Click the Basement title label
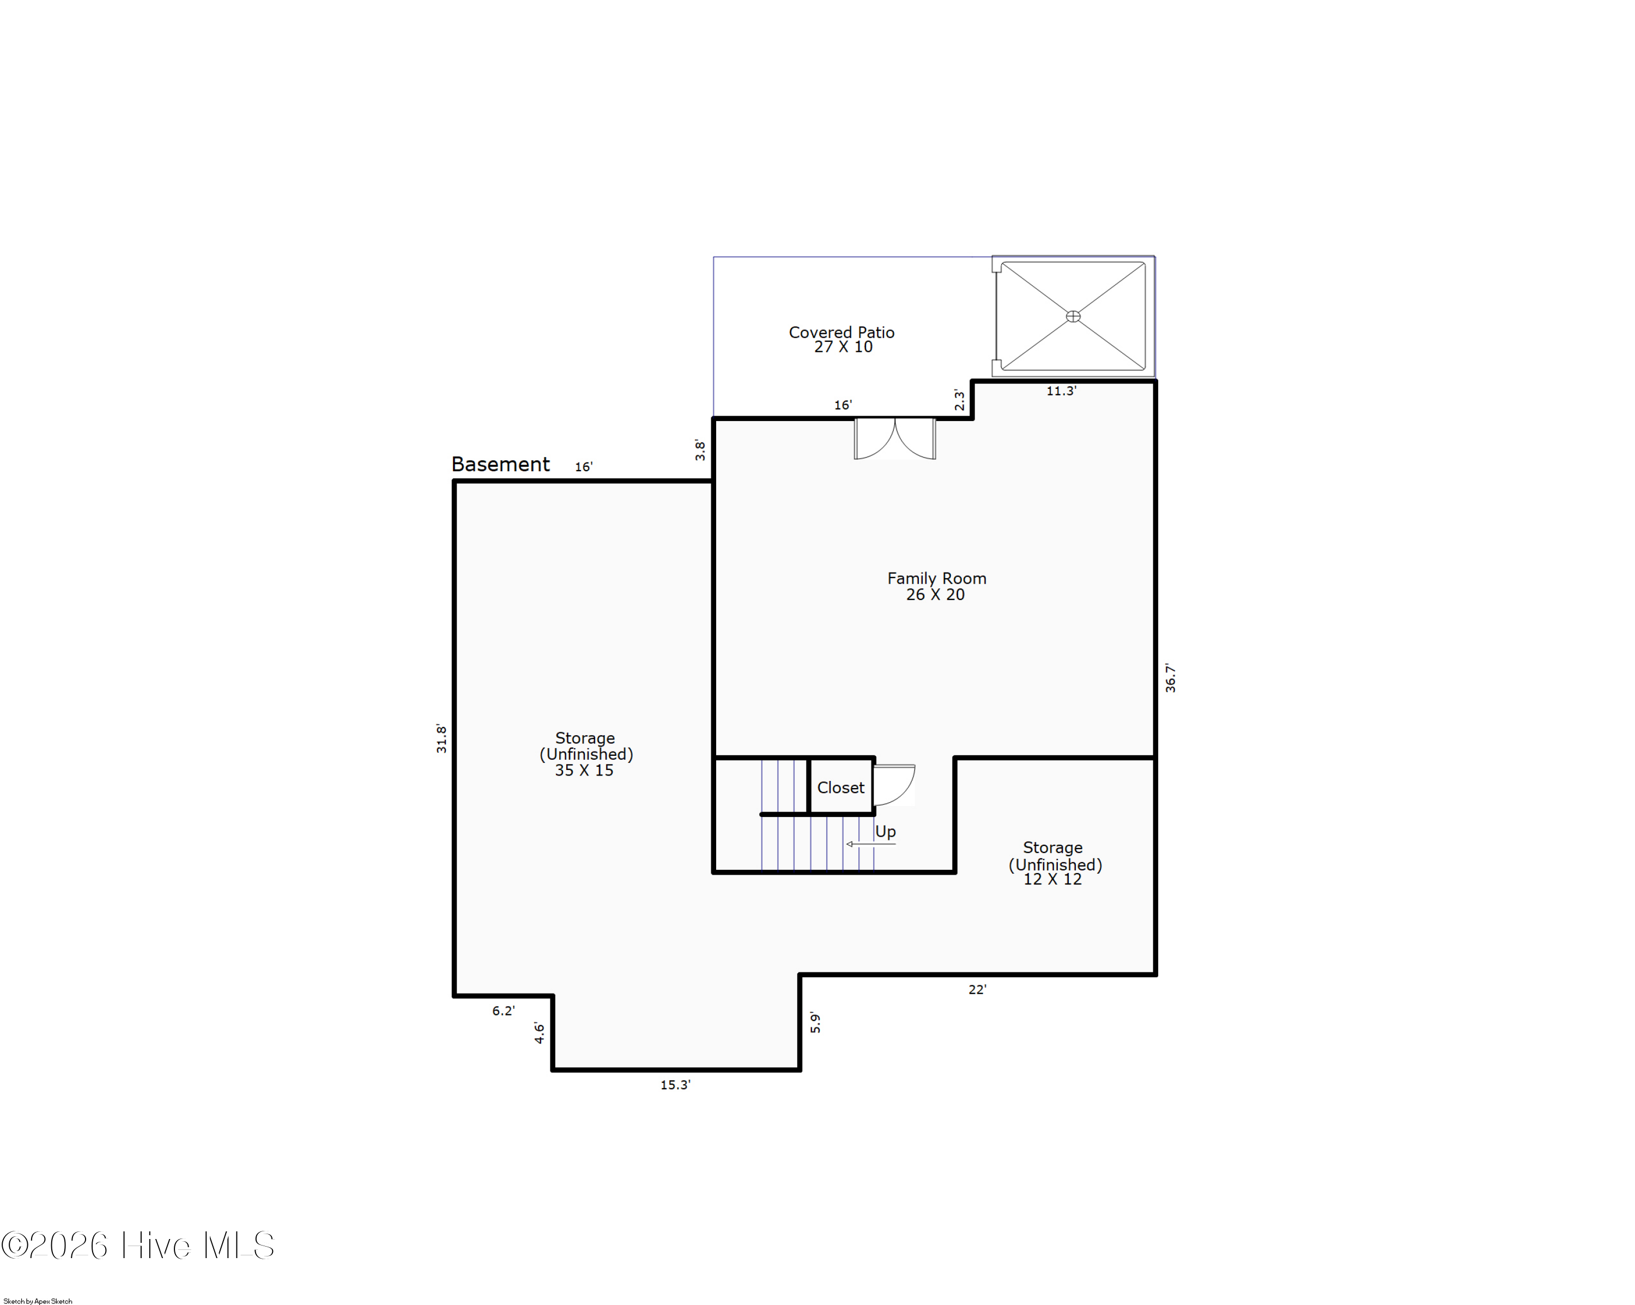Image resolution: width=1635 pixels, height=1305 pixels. click(500, 464)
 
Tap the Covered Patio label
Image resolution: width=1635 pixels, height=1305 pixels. click(842, 332)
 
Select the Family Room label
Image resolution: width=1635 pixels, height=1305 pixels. click(936, 578)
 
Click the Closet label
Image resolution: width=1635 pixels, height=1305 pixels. click(840, 787)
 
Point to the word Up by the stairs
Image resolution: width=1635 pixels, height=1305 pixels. click(885, 832)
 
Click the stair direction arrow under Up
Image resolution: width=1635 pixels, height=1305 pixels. click(870, 844)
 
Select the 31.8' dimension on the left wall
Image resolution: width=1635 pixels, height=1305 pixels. click(441, 738)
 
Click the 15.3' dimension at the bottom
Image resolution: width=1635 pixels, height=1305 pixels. click(675, 1085)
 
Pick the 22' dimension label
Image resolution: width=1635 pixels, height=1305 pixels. click(977, 989)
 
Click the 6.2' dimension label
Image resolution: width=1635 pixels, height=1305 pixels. click(503, 1011)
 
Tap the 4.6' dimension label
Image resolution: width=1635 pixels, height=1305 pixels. click(539, 1033)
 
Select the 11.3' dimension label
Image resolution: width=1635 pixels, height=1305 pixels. click(1061, 391)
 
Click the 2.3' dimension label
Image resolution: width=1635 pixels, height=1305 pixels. click(959, 400)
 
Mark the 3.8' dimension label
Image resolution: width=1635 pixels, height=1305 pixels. click(700, 450)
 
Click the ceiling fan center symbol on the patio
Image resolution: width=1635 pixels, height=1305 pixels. click(1073, 316)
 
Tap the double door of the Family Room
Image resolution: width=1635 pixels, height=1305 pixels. click(895, 440)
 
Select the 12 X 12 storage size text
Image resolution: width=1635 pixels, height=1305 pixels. click(1052, 879)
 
